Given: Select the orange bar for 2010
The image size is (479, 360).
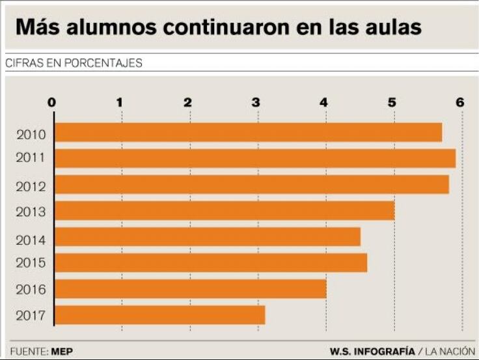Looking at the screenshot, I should pyautogui.click(x=247, y=132).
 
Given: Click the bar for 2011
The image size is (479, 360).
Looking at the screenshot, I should pyautogui.click(x=254, y=158).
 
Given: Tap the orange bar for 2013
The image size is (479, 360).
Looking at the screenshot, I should pyautogui.click(x=224, y=210).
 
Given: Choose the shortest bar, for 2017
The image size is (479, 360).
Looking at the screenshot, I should pyautogui.click(x=159, y=315).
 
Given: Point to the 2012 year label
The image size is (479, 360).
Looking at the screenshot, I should pyautogui.click(x=31, y=187).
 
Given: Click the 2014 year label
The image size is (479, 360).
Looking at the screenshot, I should pyautogui.click(x=31, y=240).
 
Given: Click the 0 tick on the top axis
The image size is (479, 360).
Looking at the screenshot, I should pyautogui.click(x=52, y=102).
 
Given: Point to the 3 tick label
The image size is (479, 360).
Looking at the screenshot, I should pyautogui.click(x=256, y=102).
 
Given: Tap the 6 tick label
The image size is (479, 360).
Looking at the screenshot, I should pyautogui.click(x=460, y=102).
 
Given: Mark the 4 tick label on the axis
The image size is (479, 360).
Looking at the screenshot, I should pyautogui.click(x=324, y=102).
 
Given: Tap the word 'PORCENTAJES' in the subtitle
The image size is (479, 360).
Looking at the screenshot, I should pyautogui.click(x=105, y=63).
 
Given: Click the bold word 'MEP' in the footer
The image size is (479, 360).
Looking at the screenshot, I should pyautogui.click(x=62, y=352).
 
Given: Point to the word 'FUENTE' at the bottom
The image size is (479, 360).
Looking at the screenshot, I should pyautogui.click(x=28, y=352).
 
